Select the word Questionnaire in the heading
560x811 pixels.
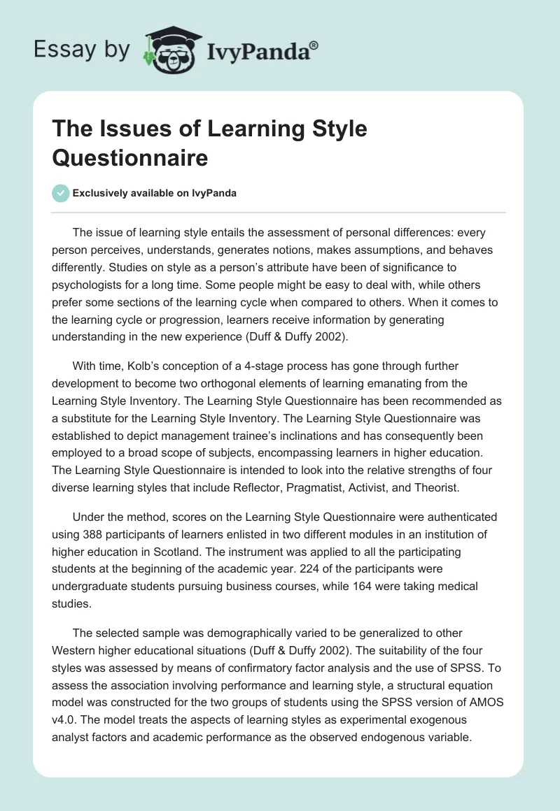129,157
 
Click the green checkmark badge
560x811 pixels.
60,193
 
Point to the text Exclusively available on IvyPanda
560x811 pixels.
155,193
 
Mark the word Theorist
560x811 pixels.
432,487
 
